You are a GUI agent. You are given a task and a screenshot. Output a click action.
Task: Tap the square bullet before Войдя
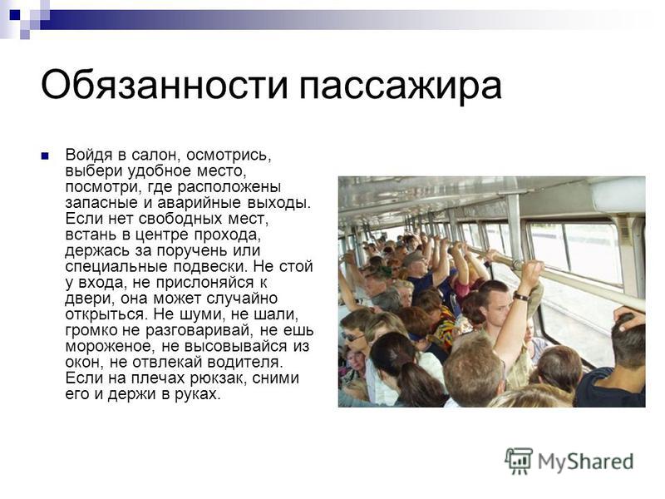45,156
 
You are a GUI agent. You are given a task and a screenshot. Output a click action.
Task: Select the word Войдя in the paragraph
89,156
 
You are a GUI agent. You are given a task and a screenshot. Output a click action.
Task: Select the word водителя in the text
244,363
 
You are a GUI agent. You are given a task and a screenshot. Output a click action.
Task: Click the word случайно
242,299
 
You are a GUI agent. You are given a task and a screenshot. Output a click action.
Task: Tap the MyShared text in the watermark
586,462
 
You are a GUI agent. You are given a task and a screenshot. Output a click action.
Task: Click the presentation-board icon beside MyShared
519,461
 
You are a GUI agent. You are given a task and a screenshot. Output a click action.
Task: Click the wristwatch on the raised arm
521,297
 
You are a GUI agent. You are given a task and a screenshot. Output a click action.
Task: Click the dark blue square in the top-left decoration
15,16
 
